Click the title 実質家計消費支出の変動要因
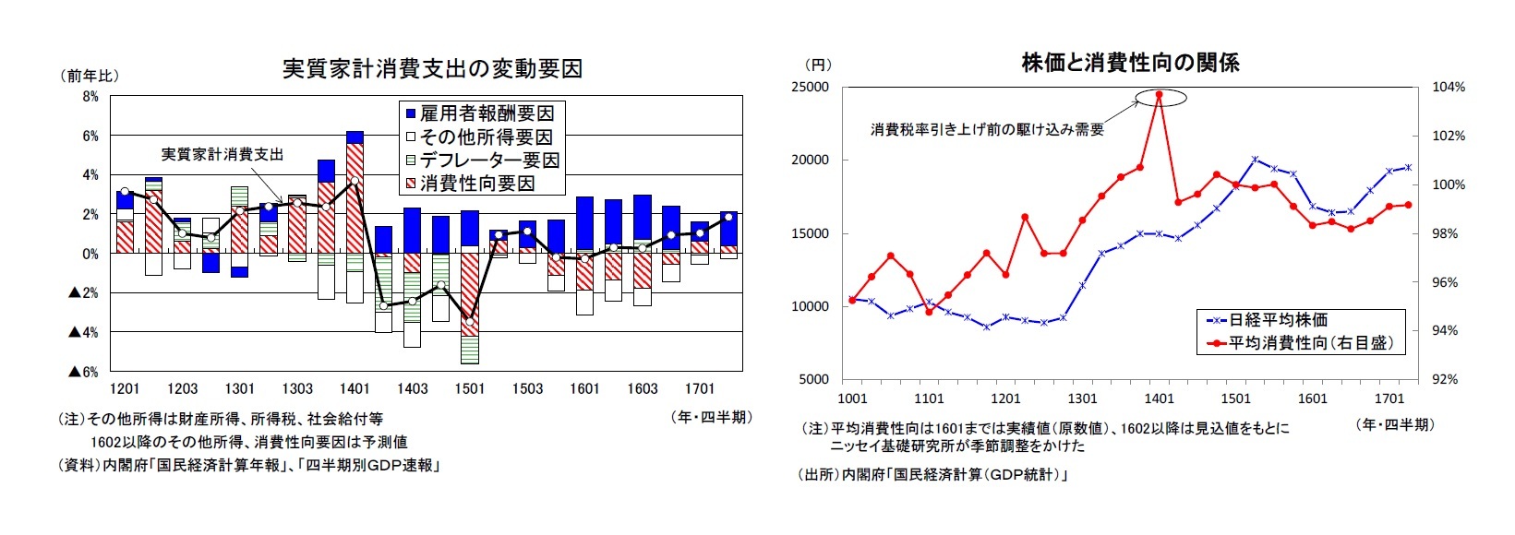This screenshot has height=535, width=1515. point(432,70)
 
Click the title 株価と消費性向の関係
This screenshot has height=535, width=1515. point(1130,63)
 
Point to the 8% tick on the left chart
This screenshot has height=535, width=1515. point(90,96)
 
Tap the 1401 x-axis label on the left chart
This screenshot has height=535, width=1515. point(355,389)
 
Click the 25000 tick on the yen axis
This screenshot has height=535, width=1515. point(811,88)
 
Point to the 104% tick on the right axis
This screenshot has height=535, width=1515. point(1449,88)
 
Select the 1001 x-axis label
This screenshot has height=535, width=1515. point(852,398)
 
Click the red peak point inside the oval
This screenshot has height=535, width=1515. point(1159,94)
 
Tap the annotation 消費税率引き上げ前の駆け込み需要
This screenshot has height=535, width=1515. point(987,130)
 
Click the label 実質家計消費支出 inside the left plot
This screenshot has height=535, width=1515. point(222,155)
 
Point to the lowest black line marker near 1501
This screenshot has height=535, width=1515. point(470,321)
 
